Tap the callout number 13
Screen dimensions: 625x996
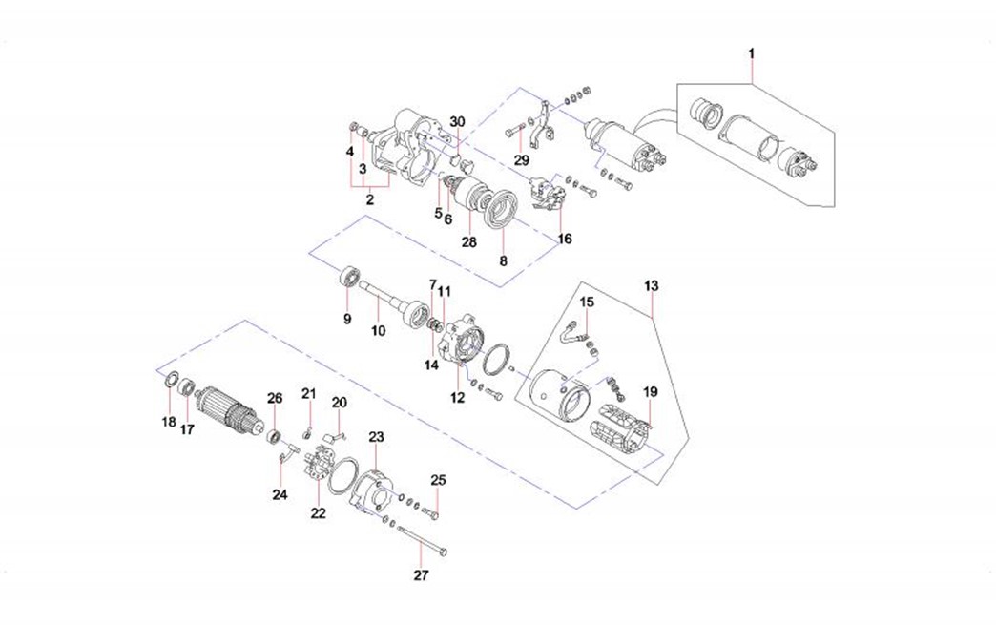652,285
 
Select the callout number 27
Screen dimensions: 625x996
421,575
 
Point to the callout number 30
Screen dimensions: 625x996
458,122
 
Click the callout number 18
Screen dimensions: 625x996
168,422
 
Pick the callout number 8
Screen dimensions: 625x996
504,259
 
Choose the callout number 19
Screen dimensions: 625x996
650,391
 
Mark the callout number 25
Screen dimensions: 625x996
438,479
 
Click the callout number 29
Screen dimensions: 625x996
521,159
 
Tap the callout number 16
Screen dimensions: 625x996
566,239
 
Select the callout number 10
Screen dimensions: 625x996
378,330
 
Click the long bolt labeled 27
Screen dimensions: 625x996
420,542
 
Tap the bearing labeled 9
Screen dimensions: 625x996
349,279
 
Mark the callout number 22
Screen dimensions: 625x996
318,512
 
